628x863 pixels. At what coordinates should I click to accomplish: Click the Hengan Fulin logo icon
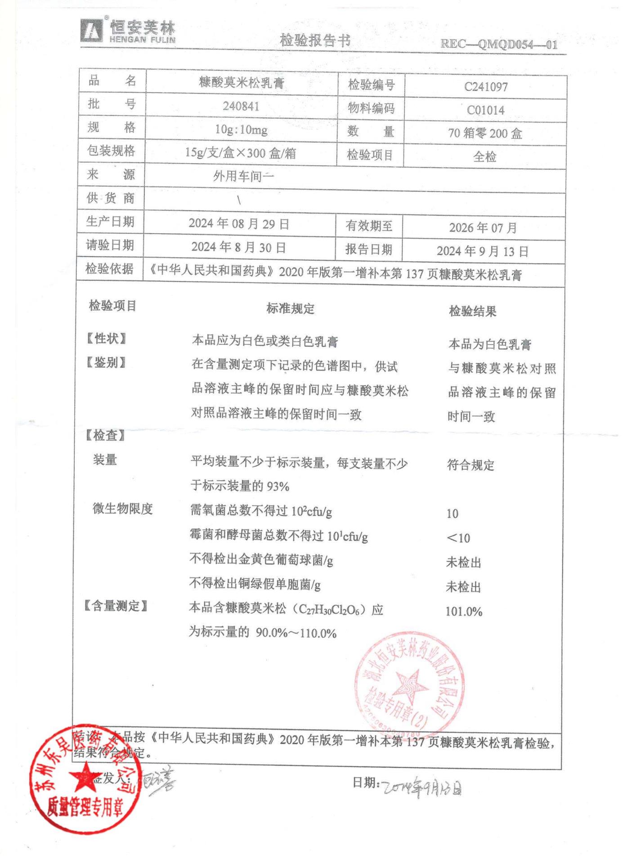pos(92,31)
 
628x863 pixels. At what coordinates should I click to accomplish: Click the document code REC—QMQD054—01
pos(498,44)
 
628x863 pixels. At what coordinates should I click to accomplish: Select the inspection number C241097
pos(485,87)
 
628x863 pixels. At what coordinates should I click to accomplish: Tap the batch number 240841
pos(241,107)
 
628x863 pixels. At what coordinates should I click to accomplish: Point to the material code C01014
pos(485,110)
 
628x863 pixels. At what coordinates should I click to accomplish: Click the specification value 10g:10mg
pos(241,130)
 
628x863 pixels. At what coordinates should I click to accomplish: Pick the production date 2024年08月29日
pos(239,224)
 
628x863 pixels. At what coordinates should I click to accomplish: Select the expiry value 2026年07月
pos(483,228)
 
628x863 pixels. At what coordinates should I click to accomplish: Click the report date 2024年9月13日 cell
pos(482,251)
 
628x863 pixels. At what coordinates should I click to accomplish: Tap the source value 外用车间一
pos(243,176)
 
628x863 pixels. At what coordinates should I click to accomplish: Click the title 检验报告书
pos(315,41)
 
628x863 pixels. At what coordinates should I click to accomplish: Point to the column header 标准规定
pos(290,309)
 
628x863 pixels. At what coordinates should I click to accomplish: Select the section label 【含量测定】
pos(116,606)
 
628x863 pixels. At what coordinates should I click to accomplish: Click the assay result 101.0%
pos(464,612)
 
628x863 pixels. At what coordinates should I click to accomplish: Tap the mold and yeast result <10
pos(458,538)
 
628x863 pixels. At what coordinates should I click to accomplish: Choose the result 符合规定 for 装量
pos(471,465)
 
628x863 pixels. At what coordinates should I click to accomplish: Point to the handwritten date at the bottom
pos(422,788)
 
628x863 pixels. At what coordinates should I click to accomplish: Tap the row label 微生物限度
pos(123,509)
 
